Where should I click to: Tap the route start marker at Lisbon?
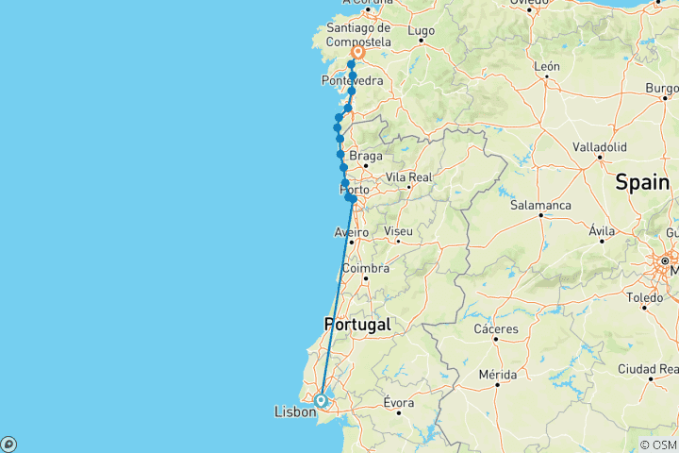[322, 400]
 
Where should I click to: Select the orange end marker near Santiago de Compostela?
[358, 54]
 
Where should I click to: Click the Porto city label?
[354, 191]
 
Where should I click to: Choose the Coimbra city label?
[365, 269]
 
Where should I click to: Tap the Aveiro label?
[351, 232]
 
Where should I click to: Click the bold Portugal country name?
[356, 324]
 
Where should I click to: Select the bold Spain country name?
[641, 183]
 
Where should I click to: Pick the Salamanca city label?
[540, 205]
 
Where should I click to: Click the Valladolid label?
[600, 147]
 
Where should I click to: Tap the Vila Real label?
[407, 176]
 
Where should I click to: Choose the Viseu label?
[399, 231]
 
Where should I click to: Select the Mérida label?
[497, 375]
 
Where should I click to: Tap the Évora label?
[399, 403]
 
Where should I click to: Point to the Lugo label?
[421, 31]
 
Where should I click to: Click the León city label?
[546, 67]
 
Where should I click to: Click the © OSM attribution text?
[658, 445]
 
